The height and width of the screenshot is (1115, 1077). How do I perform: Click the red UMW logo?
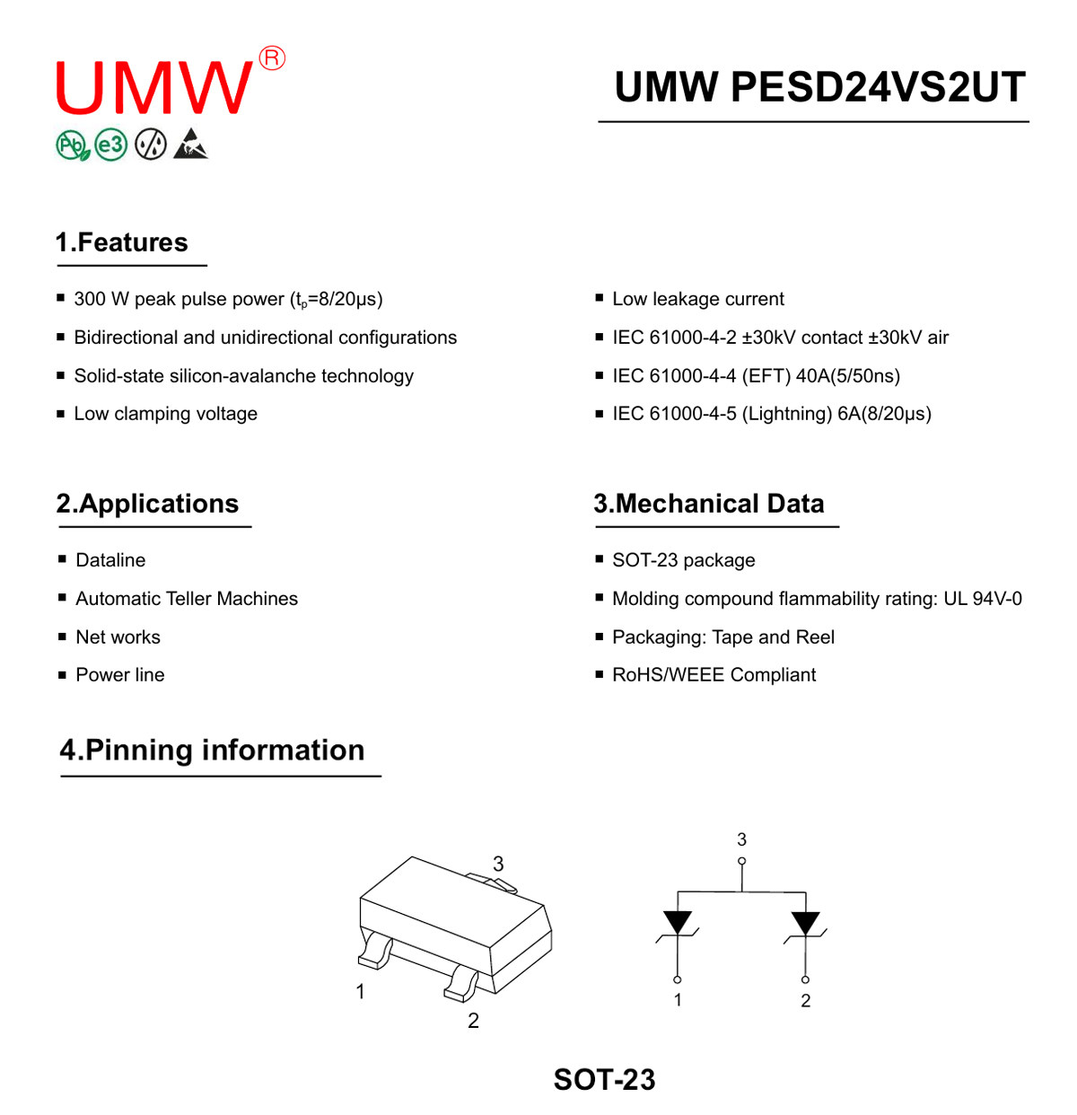(x=153, y=87)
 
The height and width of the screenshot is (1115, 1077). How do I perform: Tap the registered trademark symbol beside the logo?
(x=272, y=58)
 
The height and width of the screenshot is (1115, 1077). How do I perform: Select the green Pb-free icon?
(x=73, y=145)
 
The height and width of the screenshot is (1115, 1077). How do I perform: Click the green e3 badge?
(x=110, y=145)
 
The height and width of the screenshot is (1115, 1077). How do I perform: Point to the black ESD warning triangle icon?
(x=191, y=144)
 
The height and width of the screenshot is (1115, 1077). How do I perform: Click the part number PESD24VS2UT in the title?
(x=878, y=87)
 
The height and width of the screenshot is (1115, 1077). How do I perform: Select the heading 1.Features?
(x=121, y=242)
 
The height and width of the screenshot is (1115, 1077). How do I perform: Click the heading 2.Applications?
(x=147, y=504)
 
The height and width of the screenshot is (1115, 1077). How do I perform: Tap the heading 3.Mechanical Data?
(x=709, y=504)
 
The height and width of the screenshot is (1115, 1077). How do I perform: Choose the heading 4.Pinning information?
(x=212, y=750)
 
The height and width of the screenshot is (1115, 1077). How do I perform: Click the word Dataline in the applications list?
(x=110, y=560)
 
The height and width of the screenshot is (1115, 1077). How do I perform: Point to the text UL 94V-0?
(x=983, y=598)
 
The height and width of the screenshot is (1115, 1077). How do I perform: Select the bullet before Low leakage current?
(x=600, y=297)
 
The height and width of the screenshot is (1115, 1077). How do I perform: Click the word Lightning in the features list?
(x=786, y=414)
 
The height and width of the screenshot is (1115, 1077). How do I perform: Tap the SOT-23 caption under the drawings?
(x=604, y=1079)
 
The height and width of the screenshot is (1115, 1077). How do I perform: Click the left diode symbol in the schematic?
(x=677, y=924)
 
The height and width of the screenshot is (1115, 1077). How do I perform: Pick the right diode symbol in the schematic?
(x=805, y=924)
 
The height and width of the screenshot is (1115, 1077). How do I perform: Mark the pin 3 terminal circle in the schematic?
(x=741, y=861)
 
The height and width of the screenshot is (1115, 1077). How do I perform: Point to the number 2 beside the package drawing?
(x=473, y=1021)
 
